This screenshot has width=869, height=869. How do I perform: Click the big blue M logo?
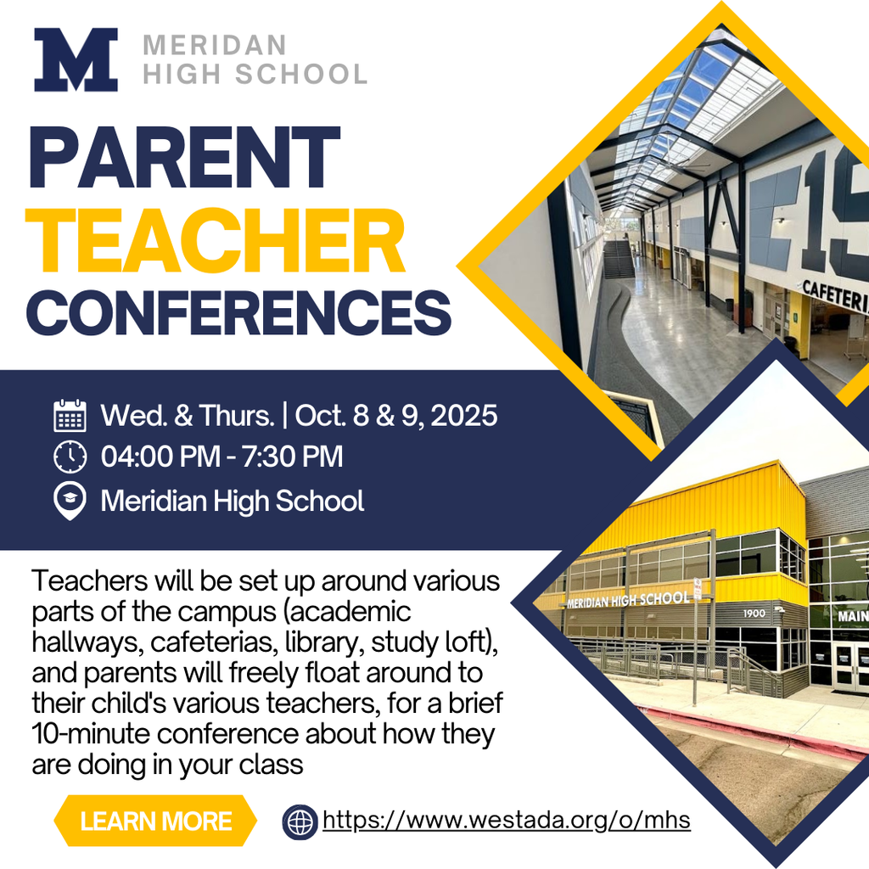point(76,59)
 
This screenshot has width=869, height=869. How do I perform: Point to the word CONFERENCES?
point(239,311)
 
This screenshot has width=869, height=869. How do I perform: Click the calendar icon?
point(70,416)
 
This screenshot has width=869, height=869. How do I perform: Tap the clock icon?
point(70,457)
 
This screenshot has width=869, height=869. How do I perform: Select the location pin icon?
point(70,501)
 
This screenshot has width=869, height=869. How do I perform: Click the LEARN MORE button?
point(155,821)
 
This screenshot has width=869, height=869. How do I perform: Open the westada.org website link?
point(507,821)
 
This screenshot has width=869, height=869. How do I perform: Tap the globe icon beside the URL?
point(300,821)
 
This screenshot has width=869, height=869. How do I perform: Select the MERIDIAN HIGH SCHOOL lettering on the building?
point(627,599)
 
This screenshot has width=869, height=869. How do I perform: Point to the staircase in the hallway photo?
point(619,259)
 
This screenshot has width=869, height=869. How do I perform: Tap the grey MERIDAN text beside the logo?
point(215,44)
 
